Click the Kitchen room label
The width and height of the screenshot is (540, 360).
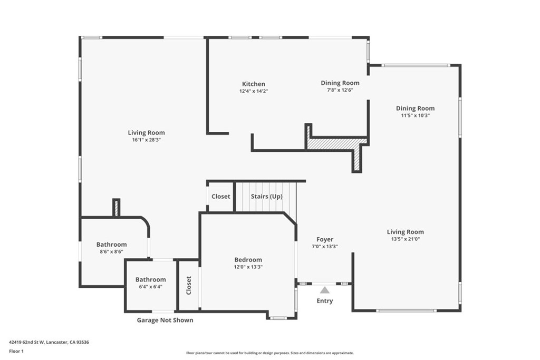click(254, 84)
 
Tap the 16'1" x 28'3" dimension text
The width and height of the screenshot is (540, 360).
click(147, 140)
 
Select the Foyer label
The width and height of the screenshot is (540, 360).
click(325, 239)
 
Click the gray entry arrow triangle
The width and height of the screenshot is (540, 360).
click(325, 290)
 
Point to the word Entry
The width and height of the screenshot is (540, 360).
click(325, 301)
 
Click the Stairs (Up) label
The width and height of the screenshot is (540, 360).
click(266, 197)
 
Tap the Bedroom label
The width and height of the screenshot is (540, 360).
click(248, 260)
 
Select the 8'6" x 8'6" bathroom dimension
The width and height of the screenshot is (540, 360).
click(112, 251)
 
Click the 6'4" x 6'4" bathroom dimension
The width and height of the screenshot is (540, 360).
click(150, 287)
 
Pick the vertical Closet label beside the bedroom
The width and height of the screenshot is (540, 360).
click(189, 285)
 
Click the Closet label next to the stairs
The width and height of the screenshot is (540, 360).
click(221, 197)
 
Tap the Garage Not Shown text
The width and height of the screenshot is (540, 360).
click(165, 320)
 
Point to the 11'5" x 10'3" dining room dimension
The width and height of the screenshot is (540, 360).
click(416, 115)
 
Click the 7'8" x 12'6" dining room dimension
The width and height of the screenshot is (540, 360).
click(340, 90)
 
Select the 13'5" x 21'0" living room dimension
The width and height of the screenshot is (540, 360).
click(406, 239)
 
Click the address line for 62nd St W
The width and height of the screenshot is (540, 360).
click(49, 342)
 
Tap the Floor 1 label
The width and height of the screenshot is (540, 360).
click(16, 352)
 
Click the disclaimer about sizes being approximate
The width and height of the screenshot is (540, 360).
click(270, 353)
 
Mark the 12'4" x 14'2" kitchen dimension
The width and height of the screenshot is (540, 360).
click(254, 91)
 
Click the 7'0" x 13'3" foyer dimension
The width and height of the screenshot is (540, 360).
click(325, 247)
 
